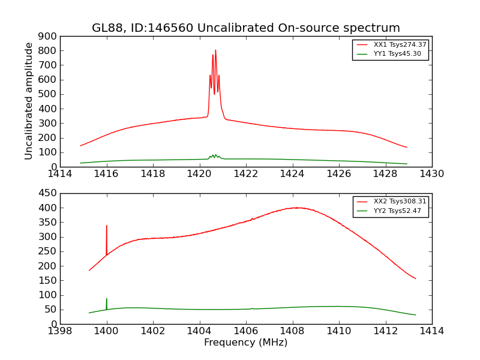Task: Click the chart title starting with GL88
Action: click(x=245, y=28)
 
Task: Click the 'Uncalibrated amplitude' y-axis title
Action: click(x=29, y=101)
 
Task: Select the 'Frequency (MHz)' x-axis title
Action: click(x=245, y=343)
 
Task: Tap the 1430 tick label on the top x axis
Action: click(x=431, y=174)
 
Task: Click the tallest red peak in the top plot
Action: click(x=215, y=51)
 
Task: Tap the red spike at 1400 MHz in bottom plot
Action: click(x=107, y=227)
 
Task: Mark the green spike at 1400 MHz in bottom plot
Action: click(x=107, y=299)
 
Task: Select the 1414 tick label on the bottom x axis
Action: click(x=431, y=331)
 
